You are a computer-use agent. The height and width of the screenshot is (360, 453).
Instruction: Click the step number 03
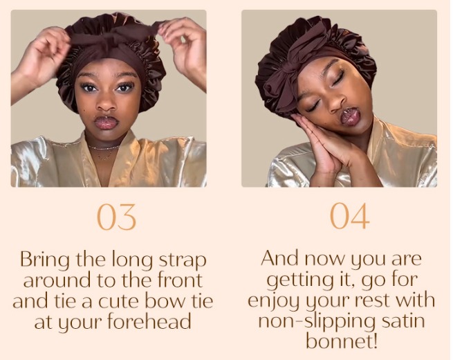tap(116, 217)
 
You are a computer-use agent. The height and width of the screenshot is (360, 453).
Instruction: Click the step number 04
tap(349, 216)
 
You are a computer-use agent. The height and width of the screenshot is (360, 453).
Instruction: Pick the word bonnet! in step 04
tap(342, 341)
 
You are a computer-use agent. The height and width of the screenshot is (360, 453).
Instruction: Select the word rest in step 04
tap(372, 300)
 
